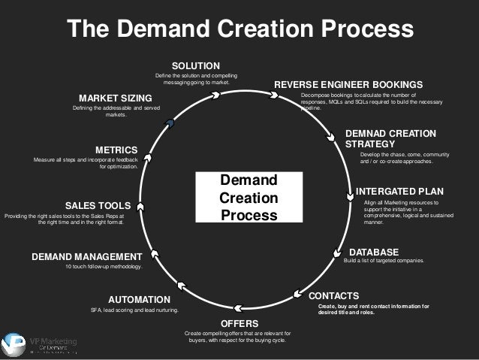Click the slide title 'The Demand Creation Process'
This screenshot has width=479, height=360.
click(x=239, y=29)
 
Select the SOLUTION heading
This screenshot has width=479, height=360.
click(x=196, y=66)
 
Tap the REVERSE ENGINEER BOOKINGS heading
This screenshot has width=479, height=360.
click(x=348, y=84)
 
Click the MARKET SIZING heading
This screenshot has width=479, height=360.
click(x=116, y=98)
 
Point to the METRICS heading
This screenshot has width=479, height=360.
click(x=116, y=149)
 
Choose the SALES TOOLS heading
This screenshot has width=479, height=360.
click(x=98, y=205)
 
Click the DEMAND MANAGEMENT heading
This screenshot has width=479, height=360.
click(x=86, y=256)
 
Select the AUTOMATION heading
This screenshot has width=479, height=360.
click(x=140, y=298)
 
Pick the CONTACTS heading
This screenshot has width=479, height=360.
click(x=334, y=295)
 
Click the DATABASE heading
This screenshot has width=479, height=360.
click(x=374, y=251)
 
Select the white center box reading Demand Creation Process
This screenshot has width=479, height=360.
click(x=249, y=198)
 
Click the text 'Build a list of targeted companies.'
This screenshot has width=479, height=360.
click(x=384, y=261)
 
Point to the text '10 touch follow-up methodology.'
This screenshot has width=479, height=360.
click(x=103, y=267)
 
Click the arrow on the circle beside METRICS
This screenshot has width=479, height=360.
click(x=149, y=159)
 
